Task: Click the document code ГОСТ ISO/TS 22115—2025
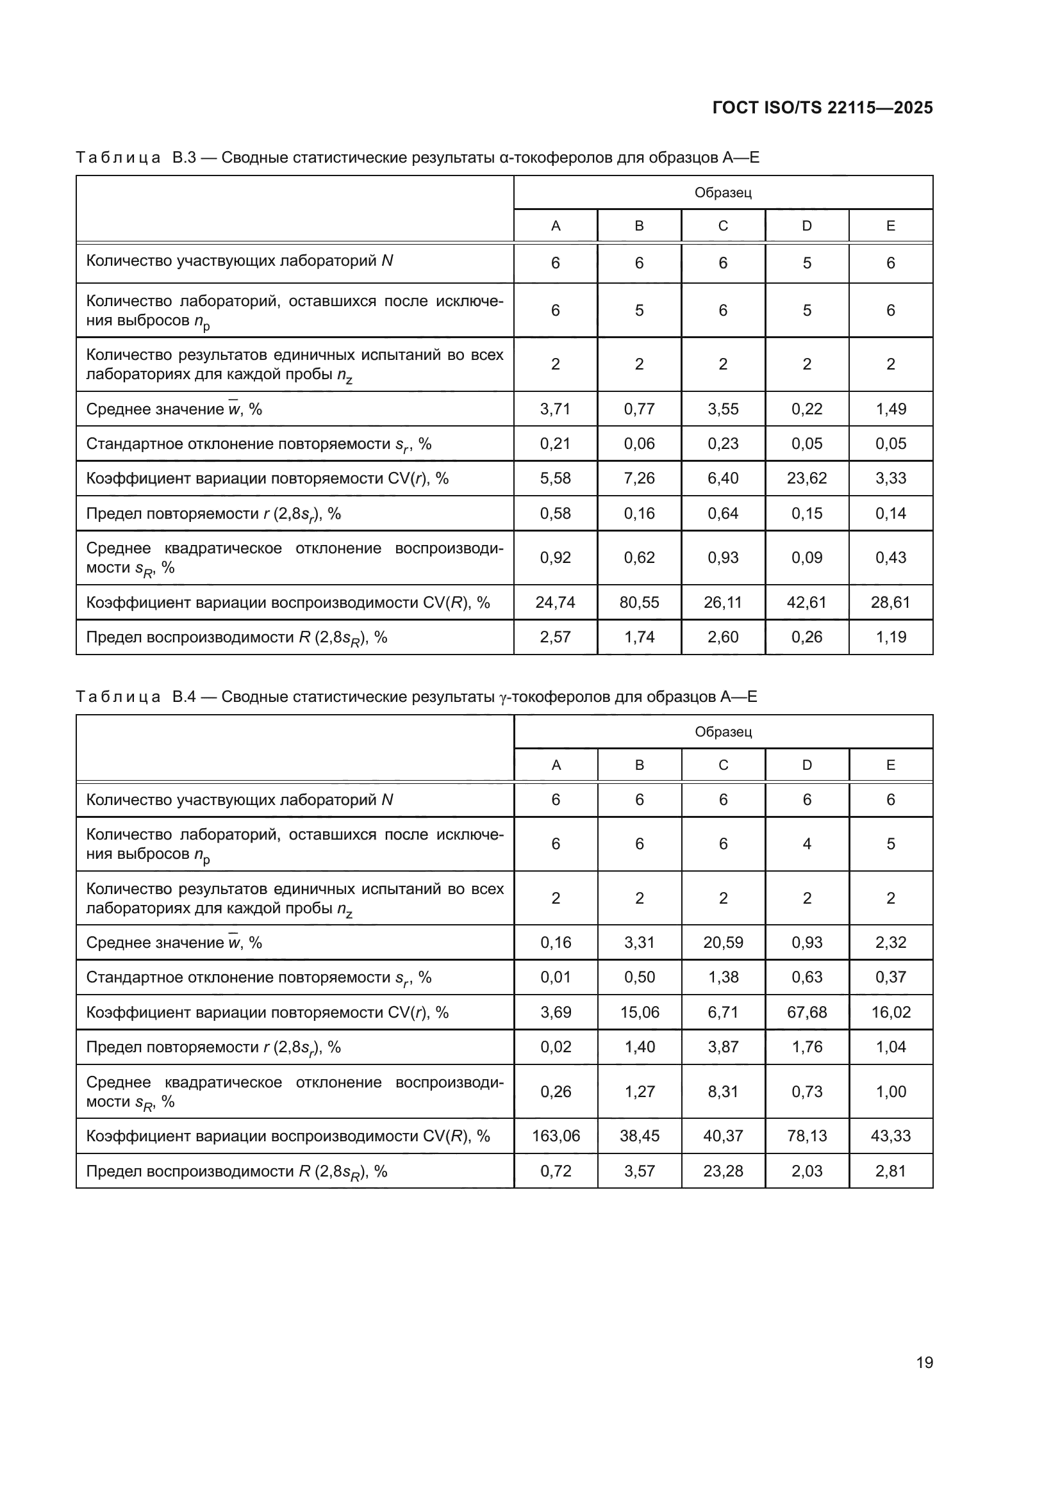822,108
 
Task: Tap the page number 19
924,1362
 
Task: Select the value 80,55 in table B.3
639,602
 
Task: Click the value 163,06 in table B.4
556,1136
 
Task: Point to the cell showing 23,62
807,478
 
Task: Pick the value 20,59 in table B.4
722,942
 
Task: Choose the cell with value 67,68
807,1012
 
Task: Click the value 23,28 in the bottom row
722,1171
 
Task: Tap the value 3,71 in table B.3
556,409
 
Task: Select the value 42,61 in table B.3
807,602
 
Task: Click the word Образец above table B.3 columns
722,193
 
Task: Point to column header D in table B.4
807,765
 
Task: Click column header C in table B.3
722,225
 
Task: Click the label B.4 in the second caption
184,697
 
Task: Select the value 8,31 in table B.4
722,1091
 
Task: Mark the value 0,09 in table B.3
807,558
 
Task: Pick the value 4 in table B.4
807,843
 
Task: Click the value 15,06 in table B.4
639,1012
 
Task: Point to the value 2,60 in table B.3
722,637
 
